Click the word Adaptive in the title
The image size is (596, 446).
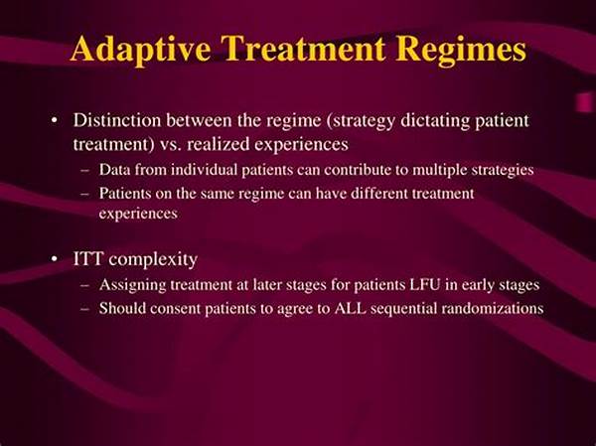pyautogui.click(x=140, y=49)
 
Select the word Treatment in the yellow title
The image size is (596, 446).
pyautogui.click(x=303, y=49)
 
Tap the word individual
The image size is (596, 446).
pyautogui.click(x=204, y=170)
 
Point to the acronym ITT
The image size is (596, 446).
pyautogui.click(x=87, y=259)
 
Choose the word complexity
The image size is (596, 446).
pyautogui.click(x=153, y=260)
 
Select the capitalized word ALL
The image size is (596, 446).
pyautogui.click(x=351, y=308)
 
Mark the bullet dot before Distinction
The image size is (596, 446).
pyautogui.click(x=55, y=121)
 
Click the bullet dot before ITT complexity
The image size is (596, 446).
pyautogui.click(x=55, y=259)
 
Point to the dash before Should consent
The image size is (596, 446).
pyautogui.click(x=85, y=309)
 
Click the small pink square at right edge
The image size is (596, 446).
pyautogui.click(x=585, y=102)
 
